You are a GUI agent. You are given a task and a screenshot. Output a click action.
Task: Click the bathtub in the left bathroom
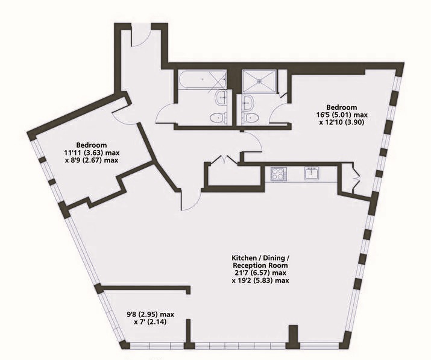point(202,80)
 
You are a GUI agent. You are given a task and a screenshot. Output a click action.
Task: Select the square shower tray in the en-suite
point(259,81)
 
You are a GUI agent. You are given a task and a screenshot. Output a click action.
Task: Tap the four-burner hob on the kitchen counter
point(278,174)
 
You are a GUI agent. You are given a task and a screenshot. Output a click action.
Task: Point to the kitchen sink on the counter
point(312,174)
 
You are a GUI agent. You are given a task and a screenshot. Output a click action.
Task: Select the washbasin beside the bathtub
point(222,98)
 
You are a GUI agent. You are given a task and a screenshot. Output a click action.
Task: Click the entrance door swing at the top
point(140,36)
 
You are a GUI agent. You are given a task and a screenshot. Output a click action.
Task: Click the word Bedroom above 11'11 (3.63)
point(92,145)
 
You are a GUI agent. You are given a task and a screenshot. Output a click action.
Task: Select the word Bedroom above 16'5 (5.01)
point(342,107)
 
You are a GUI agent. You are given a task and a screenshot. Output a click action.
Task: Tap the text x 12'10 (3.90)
point(342,122)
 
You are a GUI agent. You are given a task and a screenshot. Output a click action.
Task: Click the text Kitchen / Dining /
point(260,258)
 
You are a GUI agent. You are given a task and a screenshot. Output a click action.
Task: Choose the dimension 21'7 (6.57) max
point(260,273)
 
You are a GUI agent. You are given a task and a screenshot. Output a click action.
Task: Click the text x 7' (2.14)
point(150,322)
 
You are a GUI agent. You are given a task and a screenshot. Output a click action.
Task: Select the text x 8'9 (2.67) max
point(92,160)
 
